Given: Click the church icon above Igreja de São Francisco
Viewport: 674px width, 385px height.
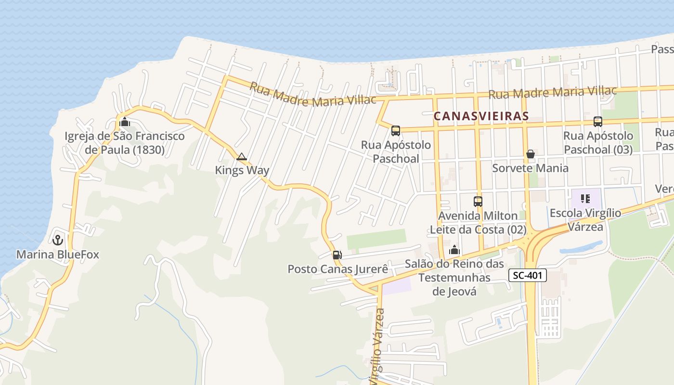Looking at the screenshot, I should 125,122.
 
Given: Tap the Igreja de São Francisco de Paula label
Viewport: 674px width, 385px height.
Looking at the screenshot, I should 125,143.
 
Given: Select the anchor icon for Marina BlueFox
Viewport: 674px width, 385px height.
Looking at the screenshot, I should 58,239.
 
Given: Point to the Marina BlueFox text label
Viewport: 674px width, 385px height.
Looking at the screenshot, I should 58,254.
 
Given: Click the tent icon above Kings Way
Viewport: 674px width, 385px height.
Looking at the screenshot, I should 242,156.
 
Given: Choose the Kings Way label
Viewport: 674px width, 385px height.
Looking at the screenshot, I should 242,170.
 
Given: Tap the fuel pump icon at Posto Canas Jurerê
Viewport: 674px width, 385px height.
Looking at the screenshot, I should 337,255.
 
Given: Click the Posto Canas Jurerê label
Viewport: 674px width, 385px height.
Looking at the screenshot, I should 337,269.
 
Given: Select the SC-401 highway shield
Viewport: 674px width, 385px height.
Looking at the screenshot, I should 527,275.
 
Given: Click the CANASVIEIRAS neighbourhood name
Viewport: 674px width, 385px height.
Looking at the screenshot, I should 481,116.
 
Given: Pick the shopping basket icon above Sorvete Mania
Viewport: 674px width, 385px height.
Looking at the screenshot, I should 530,154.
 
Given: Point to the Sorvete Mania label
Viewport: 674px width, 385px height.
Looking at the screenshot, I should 530,168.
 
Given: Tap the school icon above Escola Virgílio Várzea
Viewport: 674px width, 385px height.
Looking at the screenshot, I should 585,198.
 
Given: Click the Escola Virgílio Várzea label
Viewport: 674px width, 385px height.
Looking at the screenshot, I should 585,219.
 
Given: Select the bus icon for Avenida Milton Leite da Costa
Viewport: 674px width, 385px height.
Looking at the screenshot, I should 478,202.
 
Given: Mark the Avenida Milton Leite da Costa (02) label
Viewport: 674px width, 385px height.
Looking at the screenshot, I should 478,223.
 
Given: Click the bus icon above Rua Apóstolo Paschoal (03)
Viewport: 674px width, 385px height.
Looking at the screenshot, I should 598,122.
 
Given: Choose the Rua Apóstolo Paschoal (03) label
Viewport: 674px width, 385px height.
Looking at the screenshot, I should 598,143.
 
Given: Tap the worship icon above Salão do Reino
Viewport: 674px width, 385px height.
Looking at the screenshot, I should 454,250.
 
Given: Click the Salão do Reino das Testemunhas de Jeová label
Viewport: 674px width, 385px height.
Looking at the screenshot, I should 454,278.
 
